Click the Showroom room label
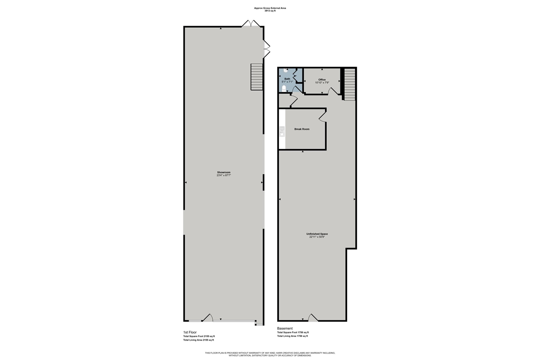pos(224,172)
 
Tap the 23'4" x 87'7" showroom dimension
pos(224,175)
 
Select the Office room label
pos(322,79)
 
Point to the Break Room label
pos(302,129)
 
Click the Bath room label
pos(287,78)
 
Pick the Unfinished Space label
pos(317,234)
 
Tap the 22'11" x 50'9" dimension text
pos(317,237)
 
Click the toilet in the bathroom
pos(284,88)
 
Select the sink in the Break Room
pos(282,132)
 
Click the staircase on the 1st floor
pos(256,77)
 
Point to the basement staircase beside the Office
pos(350,84)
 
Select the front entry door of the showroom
pos(207,318)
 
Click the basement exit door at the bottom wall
pos(313,318)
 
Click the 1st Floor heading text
pos(190,332)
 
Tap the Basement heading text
pos(284,328)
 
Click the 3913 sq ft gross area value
pos(270,11)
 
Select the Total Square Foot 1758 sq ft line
pos(293,333)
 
